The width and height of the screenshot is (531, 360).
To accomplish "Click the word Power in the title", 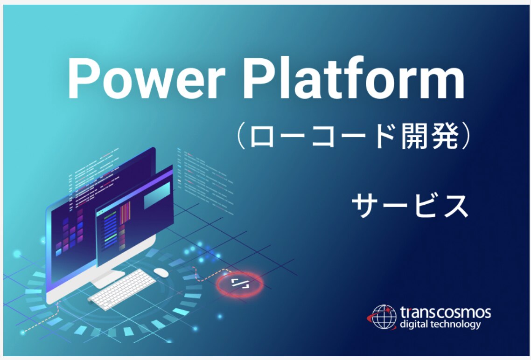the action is coord(147,78).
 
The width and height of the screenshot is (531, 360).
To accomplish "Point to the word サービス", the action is coord(410,205).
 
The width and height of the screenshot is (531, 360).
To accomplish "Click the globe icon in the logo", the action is coord(384,317).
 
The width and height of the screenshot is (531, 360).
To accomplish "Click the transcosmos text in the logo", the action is coord(445,312).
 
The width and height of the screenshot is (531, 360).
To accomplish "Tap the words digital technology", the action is coord(440,325).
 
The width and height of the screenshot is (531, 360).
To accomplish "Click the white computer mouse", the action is coord(161,272).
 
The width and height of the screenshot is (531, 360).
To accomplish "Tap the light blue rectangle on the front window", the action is coord(157,195).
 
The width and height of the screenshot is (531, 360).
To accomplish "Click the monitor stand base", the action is coord(108,278).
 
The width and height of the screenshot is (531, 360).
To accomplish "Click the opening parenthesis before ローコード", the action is coord(241,136).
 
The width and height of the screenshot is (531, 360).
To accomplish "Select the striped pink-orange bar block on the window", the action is coord(125,213).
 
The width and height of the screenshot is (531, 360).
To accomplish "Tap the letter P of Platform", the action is coord(258,78).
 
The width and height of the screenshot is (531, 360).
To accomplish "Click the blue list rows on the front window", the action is coord(111,230).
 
